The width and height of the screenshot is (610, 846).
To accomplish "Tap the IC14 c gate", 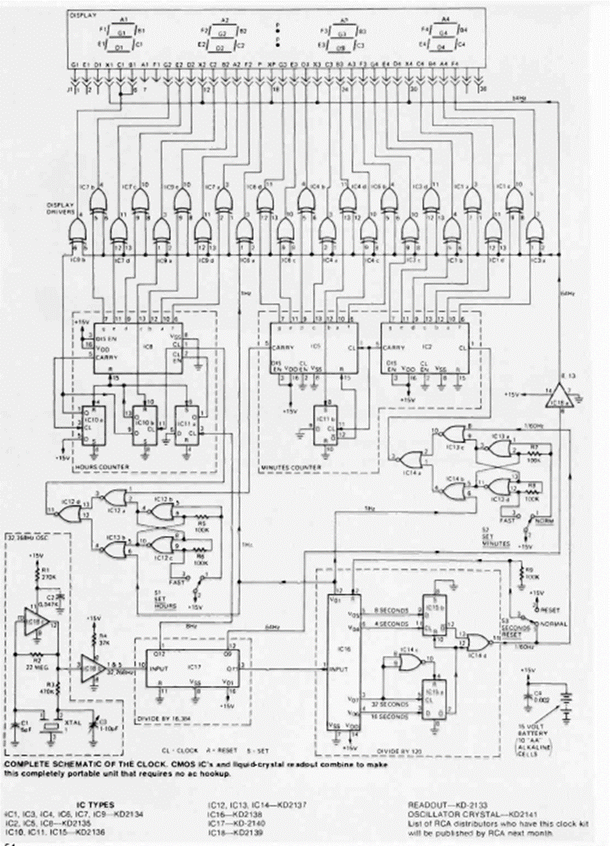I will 401,663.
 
